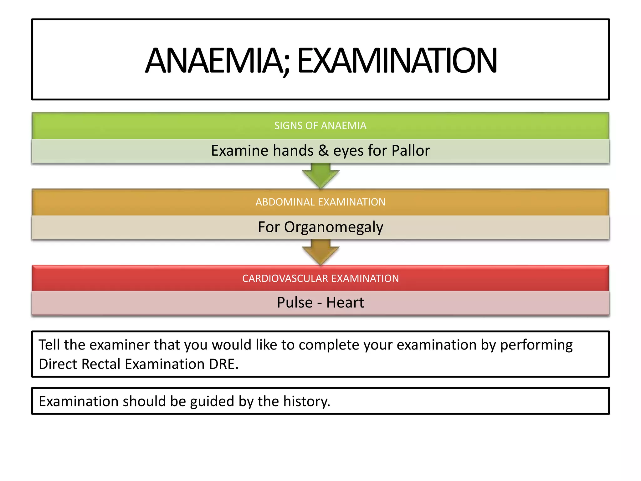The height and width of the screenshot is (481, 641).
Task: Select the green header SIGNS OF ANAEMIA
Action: pos(320,126)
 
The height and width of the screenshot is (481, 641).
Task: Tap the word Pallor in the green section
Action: pos(411,151)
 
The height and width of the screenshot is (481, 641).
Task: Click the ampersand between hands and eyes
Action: pos(323,151)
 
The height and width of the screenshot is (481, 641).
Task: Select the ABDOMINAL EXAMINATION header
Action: pos(320,202)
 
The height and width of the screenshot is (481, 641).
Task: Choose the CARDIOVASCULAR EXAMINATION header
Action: pos(320,278)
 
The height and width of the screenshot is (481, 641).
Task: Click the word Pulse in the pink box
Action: pos(295,303)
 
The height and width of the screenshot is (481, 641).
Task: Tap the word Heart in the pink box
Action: pos(345,303)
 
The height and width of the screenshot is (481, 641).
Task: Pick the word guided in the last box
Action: pos(212,401)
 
